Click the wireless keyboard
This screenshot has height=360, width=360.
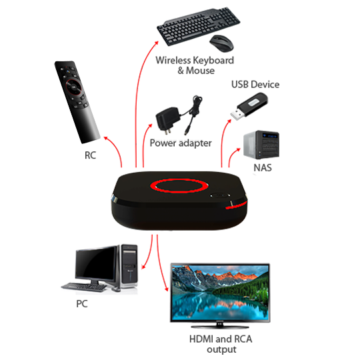199,26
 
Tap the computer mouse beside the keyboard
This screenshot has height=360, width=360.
221,43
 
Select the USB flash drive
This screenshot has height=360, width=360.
249,106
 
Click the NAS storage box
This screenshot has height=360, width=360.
261,145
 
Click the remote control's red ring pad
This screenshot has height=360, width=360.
73,87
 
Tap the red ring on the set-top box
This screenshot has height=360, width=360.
179,185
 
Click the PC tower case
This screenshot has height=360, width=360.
129,266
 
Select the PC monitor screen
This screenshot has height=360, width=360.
96,264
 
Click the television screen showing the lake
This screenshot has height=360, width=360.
220,292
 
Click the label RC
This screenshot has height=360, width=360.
90,155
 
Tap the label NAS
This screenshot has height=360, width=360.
263,168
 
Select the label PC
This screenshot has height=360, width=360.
82,304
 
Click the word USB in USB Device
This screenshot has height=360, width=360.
240,85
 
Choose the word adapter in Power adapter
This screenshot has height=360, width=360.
195,143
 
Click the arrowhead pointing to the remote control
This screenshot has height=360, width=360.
106,138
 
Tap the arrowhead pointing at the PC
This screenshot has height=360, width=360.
143,267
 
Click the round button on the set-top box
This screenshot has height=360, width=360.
221,195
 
